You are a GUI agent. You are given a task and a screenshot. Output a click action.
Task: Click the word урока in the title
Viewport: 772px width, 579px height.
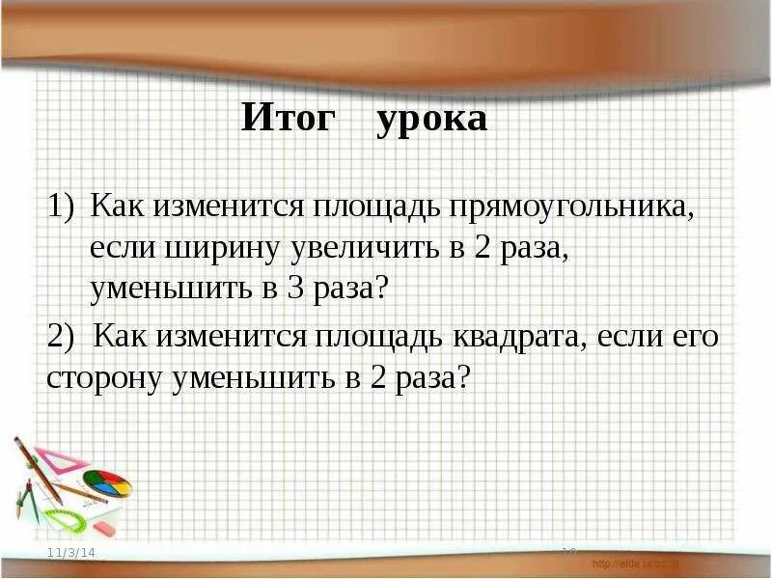click(x=431, y=121)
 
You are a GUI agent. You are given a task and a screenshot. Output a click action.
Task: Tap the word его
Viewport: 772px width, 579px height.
click(x=696, y=338)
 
